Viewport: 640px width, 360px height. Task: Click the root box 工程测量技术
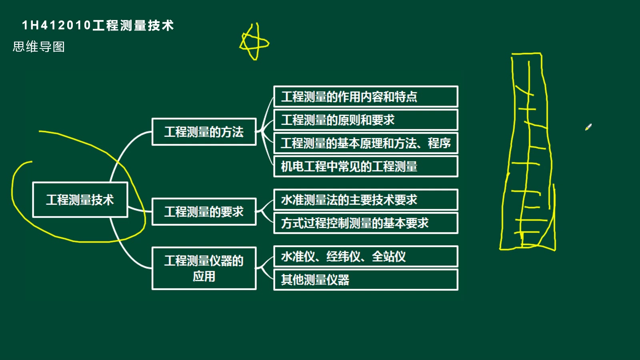pyautogui.click(x=80, y=200)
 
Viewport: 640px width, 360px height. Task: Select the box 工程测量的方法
pyautogui.click(x=204, y=132)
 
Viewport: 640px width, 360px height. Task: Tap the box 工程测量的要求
pyautogui.click(x=204, y=212)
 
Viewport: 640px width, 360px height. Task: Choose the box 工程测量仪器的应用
pyautogui.click(x=204, y=268)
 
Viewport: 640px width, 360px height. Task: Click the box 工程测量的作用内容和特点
pyautogui.click(x=366, y=96)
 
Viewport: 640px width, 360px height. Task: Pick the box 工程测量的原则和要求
pyautogui.click(x=366, y=120)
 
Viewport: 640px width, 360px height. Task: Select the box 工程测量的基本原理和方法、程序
pyautogui.click(x=366, y=143)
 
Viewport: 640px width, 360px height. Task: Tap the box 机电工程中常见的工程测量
pyautogui.click(x=366, y=166)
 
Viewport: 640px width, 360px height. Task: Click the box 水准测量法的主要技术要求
pyautogui.click(x=366, y=200)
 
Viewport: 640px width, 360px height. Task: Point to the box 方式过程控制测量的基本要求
pyautogui.click(x=366, y=223)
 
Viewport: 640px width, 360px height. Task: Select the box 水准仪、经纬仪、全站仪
pyautogui.click(x=366, y=256)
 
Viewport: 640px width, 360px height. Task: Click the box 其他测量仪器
pyautogui.click(x=366, y=280)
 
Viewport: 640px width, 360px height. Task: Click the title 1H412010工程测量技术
pyautogui.click(x=98, y=26)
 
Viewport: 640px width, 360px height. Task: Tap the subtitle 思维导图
pyautogui.click(x=38, y=46)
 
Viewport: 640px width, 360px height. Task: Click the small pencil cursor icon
pyautogui.click(x=588, y=127)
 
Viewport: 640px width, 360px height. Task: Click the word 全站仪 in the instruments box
pyautogui.click(x=388, y=256)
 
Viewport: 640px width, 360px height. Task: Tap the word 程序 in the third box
pyautogui.click(x=439, y=143)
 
